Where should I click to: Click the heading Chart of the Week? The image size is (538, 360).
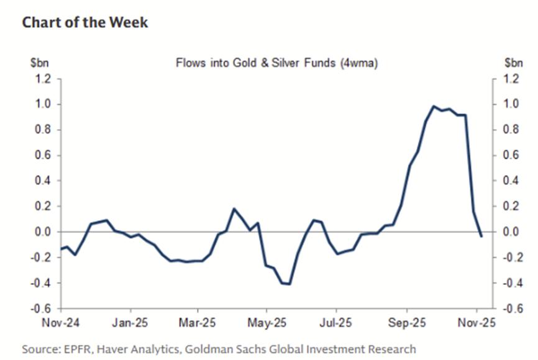(85, 23)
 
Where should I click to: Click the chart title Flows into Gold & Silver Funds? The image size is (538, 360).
(277, 63)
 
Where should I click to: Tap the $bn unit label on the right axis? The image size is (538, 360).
(513, 63)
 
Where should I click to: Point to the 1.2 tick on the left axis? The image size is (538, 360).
(44, 79)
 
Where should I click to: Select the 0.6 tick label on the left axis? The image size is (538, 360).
(44, 155)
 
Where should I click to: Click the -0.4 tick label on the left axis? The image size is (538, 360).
(42, 283)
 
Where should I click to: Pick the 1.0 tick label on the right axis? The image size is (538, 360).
(509, 104)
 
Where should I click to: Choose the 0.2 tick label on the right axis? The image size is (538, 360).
(509, 207)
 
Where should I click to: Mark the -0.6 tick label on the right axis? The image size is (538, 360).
(511, 308)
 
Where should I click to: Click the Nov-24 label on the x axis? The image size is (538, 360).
(61, 323)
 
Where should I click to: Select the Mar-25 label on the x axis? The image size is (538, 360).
(197, 323)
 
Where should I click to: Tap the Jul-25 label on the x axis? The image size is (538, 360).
(336, 323)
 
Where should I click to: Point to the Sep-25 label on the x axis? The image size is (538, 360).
(406, 323)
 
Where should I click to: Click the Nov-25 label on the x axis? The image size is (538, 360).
(476, 323)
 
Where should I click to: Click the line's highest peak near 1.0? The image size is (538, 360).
(434, 107)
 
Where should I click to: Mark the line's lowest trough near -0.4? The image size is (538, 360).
(290, 284)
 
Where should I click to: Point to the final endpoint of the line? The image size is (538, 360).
(481, 236)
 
